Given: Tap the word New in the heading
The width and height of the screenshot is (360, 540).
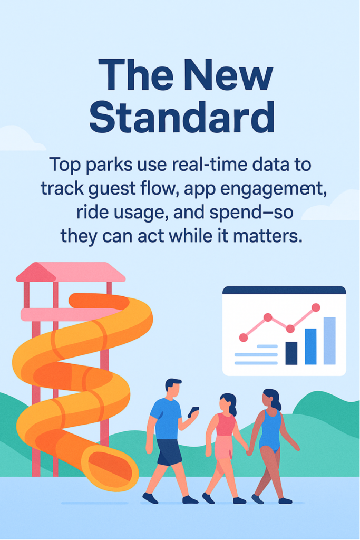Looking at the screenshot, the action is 228,74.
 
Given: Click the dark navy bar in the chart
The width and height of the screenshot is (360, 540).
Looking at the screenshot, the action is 291,353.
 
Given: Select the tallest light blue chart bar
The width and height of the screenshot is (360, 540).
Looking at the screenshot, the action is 329,341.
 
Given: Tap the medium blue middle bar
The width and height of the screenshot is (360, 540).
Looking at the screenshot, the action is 310,346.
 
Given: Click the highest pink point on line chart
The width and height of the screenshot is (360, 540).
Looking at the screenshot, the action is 316,307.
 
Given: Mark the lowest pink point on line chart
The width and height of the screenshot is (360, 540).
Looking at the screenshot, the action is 244,337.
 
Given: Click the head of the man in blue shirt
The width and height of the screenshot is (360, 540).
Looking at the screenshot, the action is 173,388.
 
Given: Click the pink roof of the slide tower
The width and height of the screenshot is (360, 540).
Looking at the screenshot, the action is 71,272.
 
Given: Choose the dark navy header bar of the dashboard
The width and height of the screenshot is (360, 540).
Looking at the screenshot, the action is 284,290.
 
